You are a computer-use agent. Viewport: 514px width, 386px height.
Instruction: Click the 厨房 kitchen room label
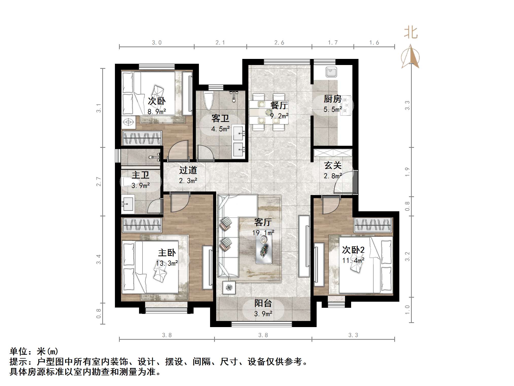coord(332,99)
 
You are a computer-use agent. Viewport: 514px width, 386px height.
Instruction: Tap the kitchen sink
coord(331,72)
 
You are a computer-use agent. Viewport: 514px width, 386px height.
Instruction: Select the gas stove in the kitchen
coord(346,105)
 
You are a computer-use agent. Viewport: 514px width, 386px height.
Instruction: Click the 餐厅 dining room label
coord(279,105)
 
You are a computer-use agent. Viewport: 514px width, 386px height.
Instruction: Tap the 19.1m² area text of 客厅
coord(263,233)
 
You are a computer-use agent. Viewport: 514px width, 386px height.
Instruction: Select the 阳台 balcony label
coord(263,303)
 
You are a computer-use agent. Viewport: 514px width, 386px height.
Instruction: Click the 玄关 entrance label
coord(333,166)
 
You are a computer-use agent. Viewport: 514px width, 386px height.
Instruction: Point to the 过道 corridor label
coord(188,170)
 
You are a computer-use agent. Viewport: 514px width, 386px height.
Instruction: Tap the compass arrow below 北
coord(410,57)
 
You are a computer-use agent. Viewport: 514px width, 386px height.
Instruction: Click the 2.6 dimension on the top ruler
coord(279,43)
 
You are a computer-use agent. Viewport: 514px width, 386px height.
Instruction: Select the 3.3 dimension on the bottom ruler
coord(353,335)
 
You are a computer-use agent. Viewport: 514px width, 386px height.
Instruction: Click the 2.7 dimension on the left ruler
coord(99,182)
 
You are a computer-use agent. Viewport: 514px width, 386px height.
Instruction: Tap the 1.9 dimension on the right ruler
coord(407,172)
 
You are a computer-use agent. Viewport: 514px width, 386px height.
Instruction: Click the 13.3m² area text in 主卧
coord(167,263)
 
